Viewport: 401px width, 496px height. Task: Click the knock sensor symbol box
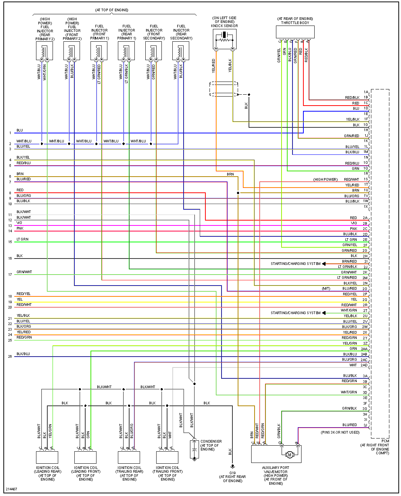pyautogui.click(x=225, y=39)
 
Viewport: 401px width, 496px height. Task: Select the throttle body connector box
pyautogui.click(x=295, y=32)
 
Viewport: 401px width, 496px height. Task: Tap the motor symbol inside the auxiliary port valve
pyautogui.click(x=289, y=455)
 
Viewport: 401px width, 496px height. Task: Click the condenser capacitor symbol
pyautogui.click(x=194, y=449)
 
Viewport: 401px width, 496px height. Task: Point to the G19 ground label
pyautogui.click(x=232, y=473)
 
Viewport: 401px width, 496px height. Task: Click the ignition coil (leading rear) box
pyautogui.click(x=47, y=457)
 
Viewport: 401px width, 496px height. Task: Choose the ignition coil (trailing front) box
pyautogui.click(x=167, y=457)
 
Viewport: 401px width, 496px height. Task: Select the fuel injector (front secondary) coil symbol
pyautogui.click(x=154, y=51)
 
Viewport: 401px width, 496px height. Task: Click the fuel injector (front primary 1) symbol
pyautogui.click(x=99, y=51)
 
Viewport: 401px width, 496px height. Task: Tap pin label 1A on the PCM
pyautogui.click(x=366, y=92)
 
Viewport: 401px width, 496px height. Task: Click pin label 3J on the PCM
pyautogui.click(x=365, y=425)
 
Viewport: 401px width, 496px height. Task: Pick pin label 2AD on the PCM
pyautogui.click(x=364, y=365)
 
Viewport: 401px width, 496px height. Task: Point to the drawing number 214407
pyautogui.click(x=11, y=489)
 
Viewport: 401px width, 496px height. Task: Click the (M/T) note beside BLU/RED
pyautogui.click(x=326, y=289)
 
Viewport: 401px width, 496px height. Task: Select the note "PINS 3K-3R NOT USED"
pyautogui.click(x=340, y=432)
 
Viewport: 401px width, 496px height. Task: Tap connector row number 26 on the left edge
pyautogui.click(x=10, y=356)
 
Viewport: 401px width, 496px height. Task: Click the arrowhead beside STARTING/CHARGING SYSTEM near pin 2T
pyautogui.click(x=324, y=313)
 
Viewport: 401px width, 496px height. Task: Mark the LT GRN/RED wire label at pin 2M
pyautogui.click(x=347, y=278)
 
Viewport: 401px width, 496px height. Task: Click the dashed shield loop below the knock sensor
pyautogui.click(x=224, y=89)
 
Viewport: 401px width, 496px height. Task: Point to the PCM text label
pyautogui.click(x=385, y=441)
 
